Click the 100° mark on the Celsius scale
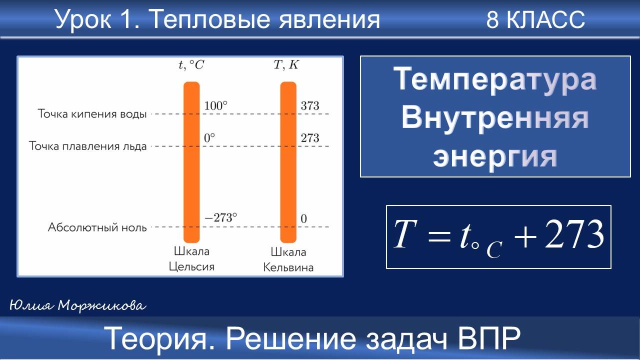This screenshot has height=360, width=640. (215, 106)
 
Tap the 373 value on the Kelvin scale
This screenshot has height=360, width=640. (310, 106)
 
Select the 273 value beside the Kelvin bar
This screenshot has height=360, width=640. (310, 138)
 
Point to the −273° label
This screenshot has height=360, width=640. (221, 218)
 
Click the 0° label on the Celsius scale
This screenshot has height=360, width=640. (209, 138)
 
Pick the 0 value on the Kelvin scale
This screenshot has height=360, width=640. (303, 218)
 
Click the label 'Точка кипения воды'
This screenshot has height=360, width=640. (92, 114)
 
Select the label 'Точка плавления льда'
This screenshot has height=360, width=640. (88, 146)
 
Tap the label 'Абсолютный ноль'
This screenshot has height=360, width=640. (97, 227)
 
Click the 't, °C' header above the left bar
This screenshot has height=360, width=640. (191, 65)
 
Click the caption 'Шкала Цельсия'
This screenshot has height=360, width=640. (191, 259)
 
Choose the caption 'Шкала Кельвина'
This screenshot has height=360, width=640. (288, 259)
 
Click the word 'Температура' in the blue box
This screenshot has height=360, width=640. (495, 80)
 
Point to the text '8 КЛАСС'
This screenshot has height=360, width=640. (535, 20)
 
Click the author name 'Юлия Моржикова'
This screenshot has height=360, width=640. (78, 305)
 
